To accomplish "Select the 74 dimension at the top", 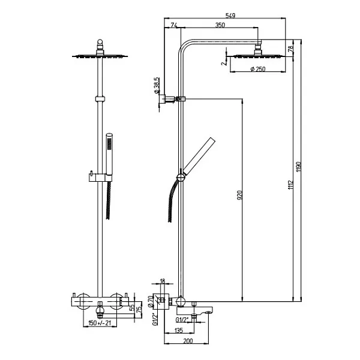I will point(174,25).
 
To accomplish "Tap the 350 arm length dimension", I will point(221,25).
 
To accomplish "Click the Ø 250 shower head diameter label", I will point(257,70).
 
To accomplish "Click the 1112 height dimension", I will point(290,187).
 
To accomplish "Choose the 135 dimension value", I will point(179,330).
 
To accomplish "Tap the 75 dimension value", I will point(139,310).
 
